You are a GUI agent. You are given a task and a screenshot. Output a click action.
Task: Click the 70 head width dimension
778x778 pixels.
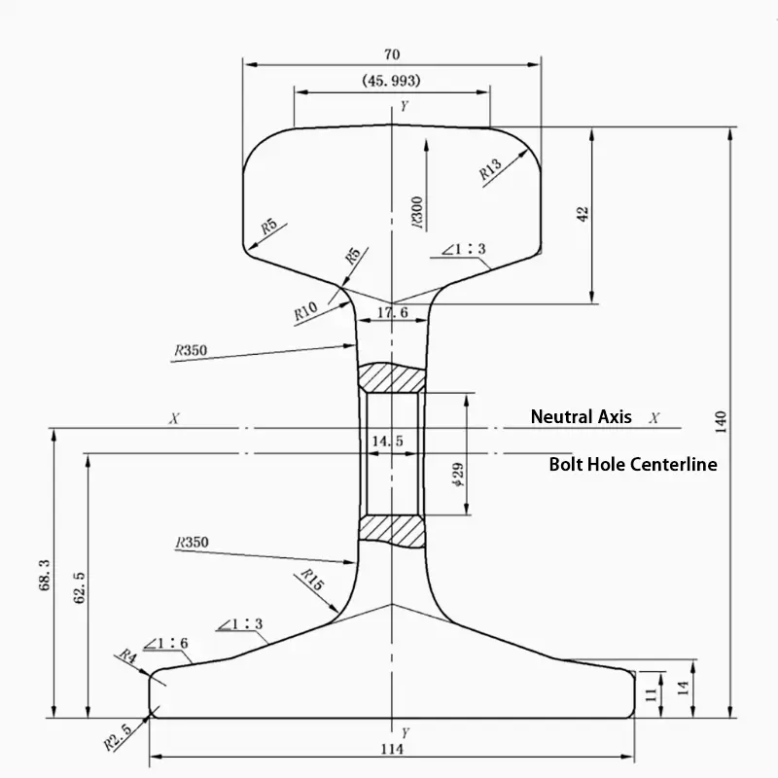pyautogui.click(x=392, y=54)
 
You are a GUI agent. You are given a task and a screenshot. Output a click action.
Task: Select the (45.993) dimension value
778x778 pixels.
pyautogui.click(x=391, y=82)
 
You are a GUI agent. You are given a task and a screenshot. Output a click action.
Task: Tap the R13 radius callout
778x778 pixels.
pyautogui.click(x=490, y=170)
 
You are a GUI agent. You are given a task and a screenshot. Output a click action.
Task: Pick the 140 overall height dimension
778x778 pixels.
pyautogui.click(x=721, y=420)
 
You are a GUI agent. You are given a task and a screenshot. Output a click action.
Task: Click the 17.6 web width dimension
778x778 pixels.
pyautogui.click(x=391, y=313)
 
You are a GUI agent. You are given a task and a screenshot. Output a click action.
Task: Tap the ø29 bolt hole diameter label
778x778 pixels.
pyautogui.click(x=458, y=476)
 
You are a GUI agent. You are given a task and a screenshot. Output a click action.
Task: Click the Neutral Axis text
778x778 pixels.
pyautogui.click(x=581, y=417)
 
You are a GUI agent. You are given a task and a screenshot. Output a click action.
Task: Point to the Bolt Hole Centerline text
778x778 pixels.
pyautogui.click(x=632, y=465)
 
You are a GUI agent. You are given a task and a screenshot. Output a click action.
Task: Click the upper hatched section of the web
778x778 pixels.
pyautogui.click(x=392, y=376)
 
